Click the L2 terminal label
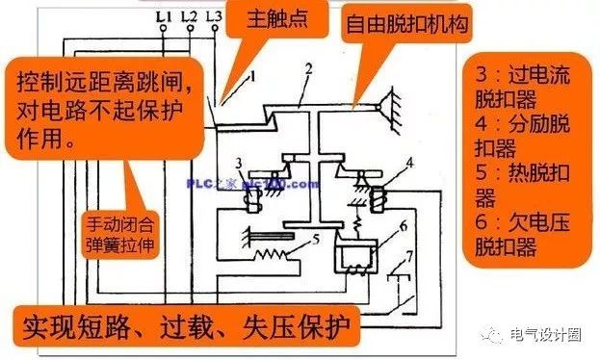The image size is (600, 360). pos(188,16)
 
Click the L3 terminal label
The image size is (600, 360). pos(214,16)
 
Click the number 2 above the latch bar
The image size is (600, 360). pos(307,69)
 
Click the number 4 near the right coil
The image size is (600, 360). pos(408,164)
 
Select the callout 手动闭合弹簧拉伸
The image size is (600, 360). pos(121,234)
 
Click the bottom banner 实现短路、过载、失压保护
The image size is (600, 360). pos(183,326)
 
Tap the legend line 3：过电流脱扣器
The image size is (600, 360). pos(529,86)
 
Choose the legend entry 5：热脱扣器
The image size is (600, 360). pos(529,187)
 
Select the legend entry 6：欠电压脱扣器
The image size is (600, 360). pos(529,237)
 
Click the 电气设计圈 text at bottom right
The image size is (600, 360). pos(549,333)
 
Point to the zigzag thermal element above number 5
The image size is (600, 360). pos(278,257)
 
